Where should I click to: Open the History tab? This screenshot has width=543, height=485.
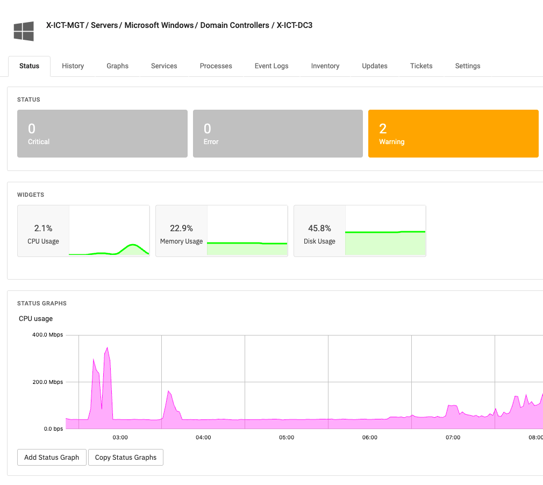click(73, 66)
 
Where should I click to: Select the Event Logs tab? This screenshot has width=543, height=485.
click(271, 66)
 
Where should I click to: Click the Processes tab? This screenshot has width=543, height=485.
click(216, 66)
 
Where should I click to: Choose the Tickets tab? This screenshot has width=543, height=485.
click(421, 66)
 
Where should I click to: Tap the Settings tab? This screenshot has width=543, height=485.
click(467, 66)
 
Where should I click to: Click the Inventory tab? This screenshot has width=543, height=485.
click(325, 66)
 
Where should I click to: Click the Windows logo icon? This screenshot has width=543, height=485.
click(24, 31)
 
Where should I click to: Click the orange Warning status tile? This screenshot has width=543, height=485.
click(453, 134)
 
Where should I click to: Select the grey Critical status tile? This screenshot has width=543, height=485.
click(102, 134)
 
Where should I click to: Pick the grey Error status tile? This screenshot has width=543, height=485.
click(277, 134)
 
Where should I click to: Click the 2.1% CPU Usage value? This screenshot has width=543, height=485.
click(43, 229)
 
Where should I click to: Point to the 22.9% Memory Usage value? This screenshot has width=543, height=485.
click(181, 229)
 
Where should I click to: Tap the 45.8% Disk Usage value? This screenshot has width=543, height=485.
click(319, 229)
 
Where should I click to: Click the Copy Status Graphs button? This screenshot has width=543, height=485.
click(126, 458)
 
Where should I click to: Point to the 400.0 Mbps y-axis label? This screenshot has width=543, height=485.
click(47, 335)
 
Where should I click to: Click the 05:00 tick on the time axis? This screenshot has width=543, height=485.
click(287, 438)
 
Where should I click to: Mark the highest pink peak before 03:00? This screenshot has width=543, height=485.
click(108, 348)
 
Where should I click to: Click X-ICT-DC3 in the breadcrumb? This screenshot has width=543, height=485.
click(295, 25)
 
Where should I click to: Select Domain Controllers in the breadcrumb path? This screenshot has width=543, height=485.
click(235, 25)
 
